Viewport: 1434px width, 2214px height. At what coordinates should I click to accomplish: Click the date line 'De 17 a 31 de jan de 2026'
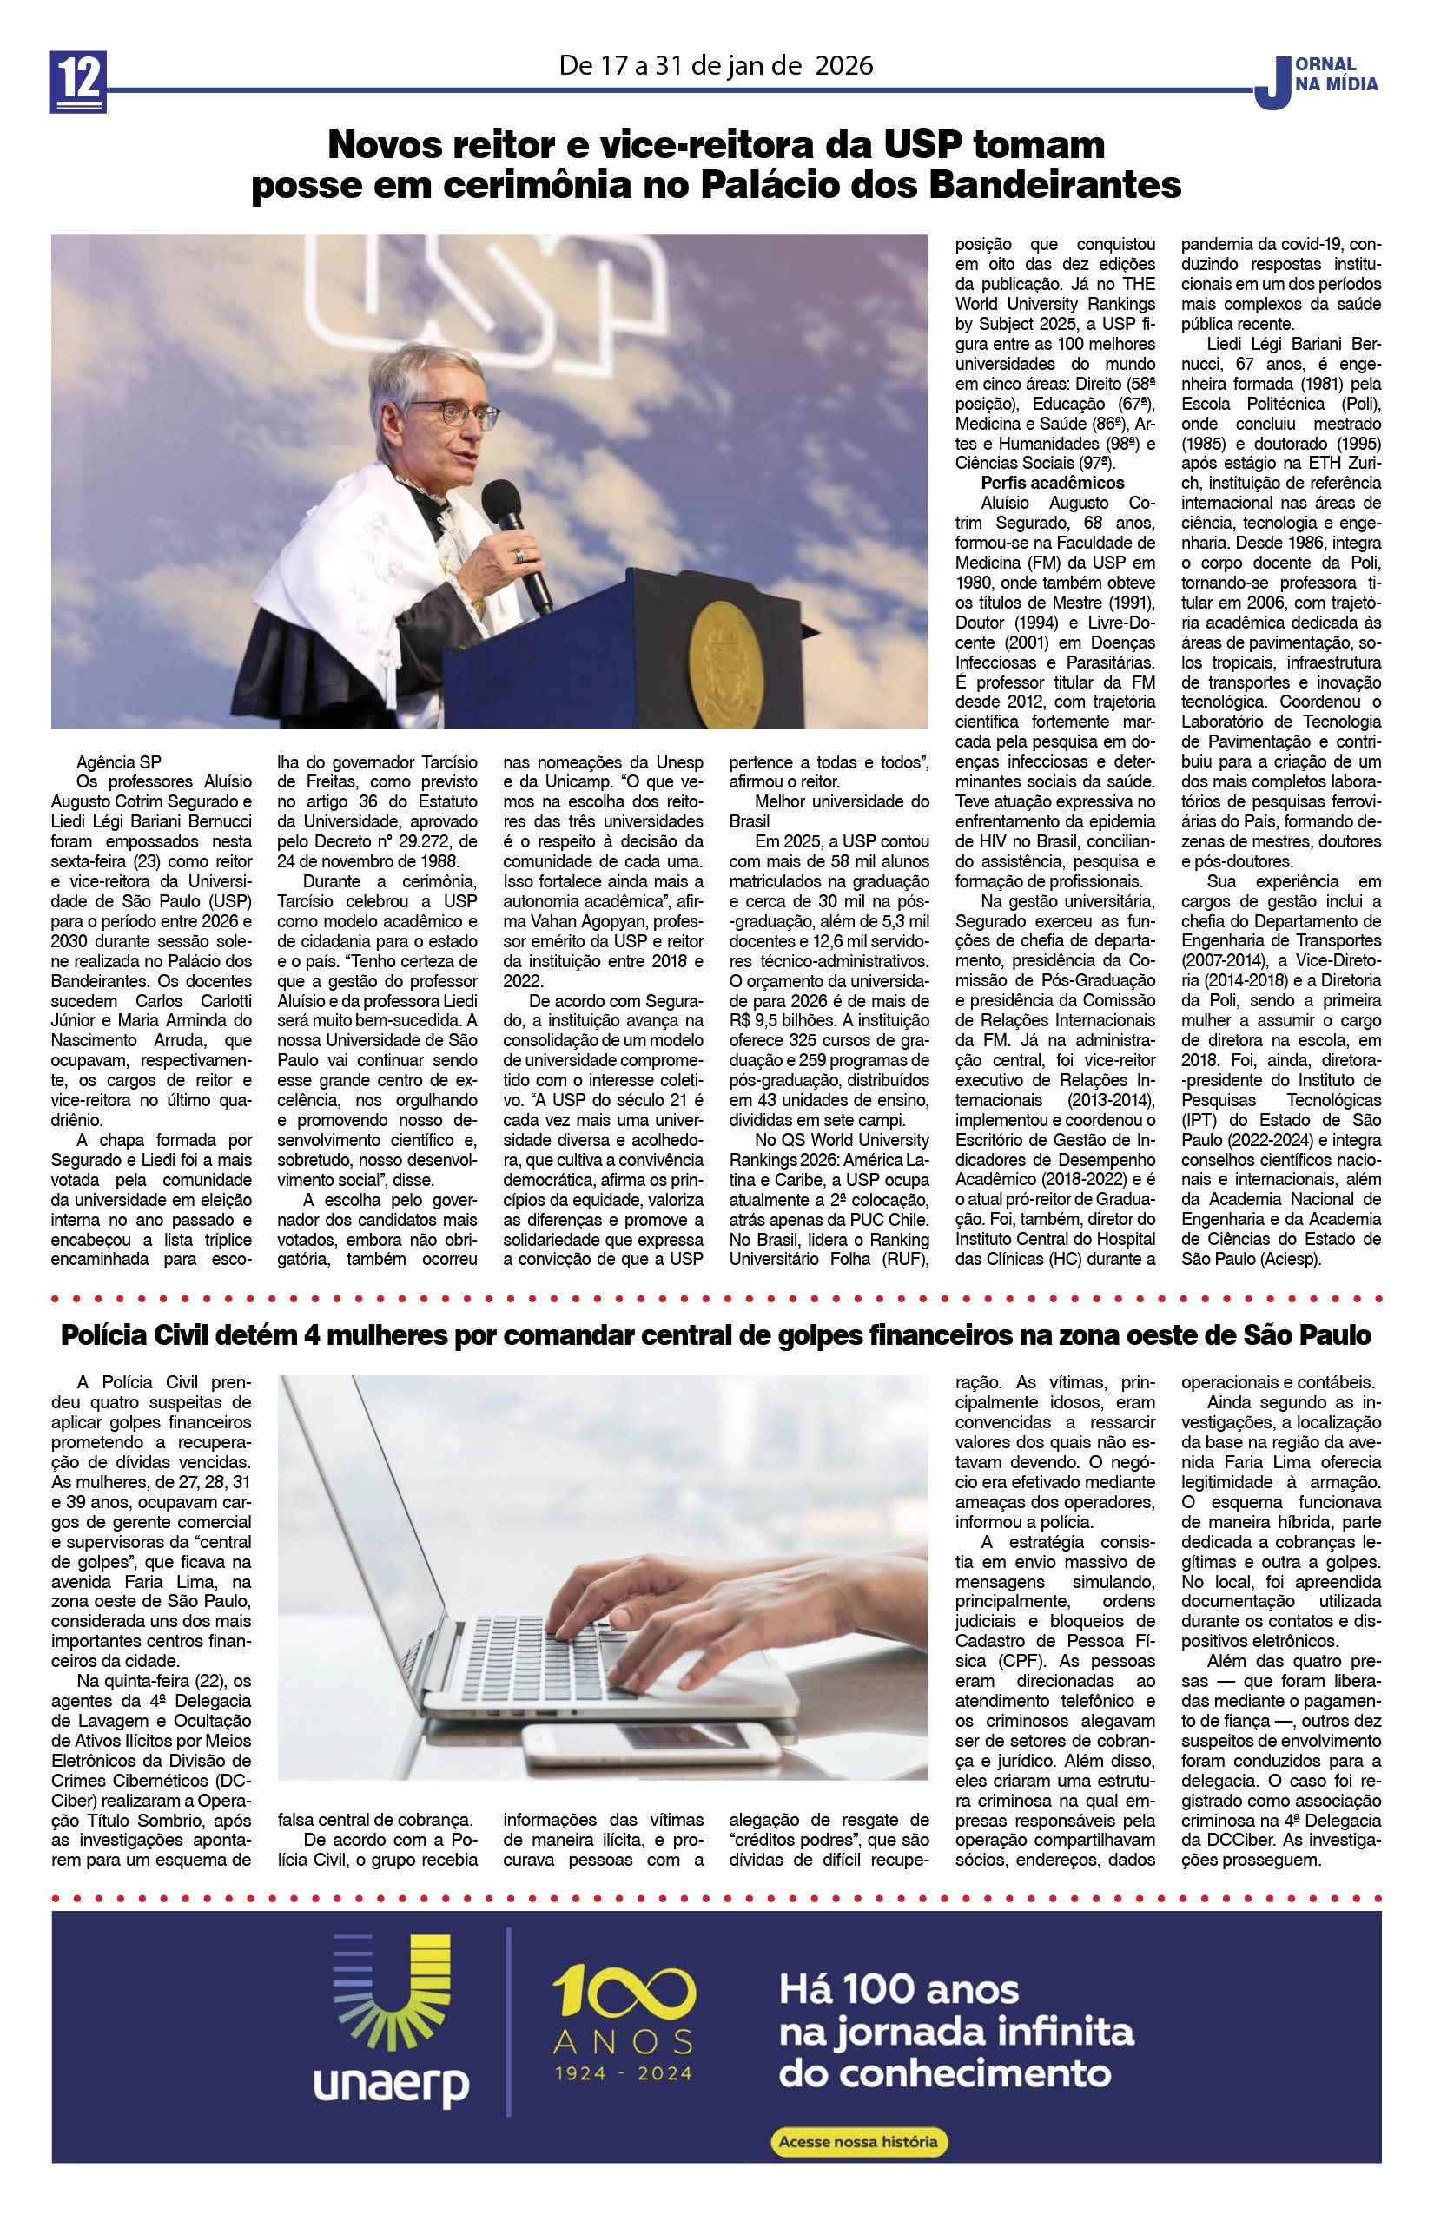[x=716, y=66]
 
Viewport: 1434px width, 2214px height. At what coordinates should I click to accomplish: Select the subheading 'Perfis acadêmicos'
[x=1053, y=483]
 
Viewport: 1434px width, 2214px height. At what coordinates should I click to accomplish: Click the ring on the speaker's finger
[x=519, y=556]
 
